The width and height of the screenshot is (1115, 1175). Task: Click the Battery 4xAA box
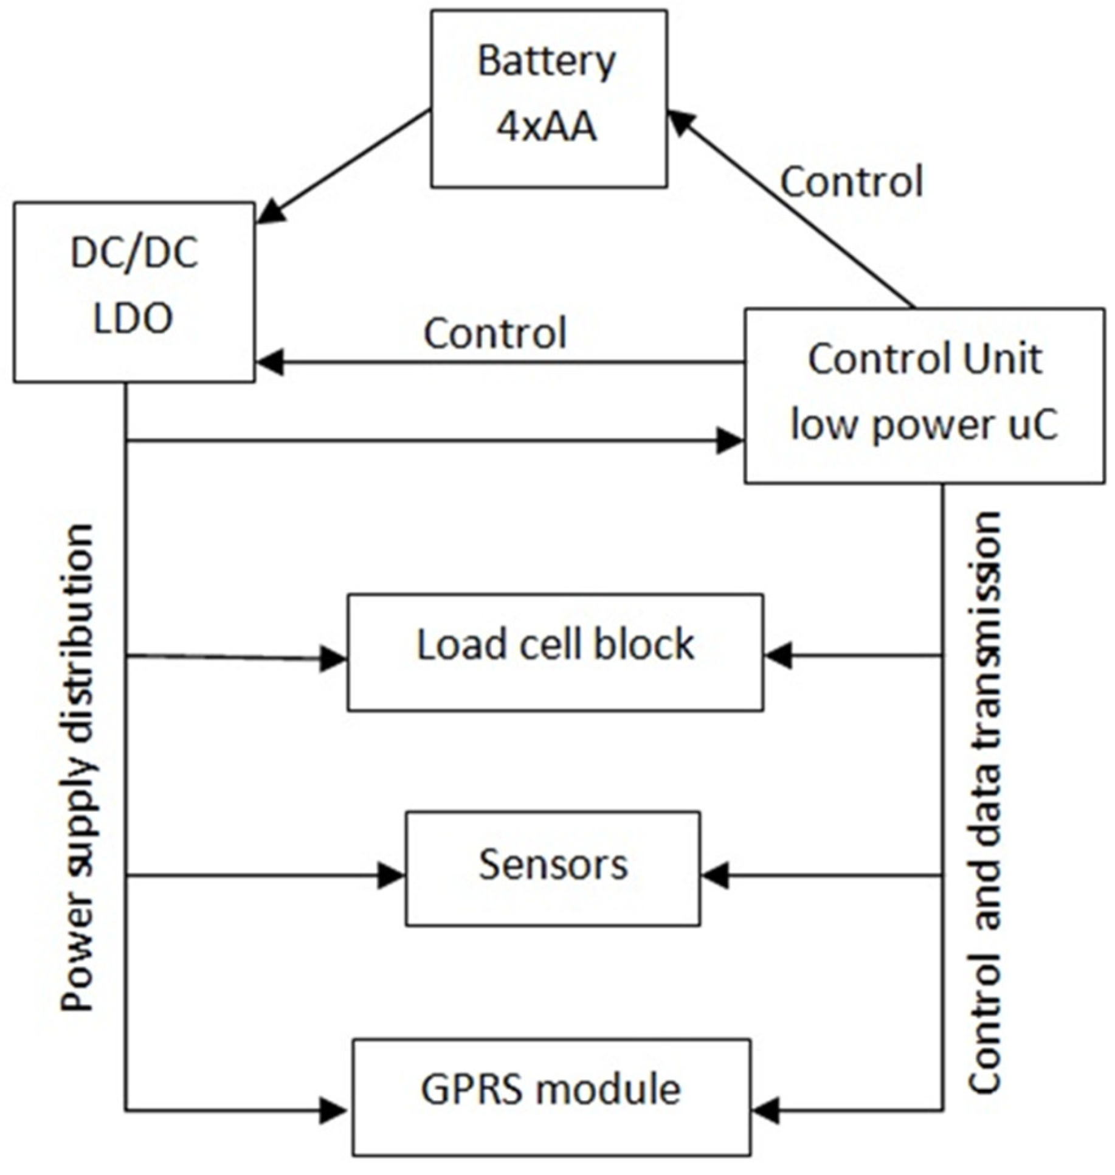[x=548, y=97]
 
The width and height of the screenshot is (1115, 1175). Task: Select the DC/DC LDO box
[x=134, y=292]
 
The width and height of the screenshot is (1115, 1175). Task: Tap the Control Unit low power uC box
[x=924, y=395]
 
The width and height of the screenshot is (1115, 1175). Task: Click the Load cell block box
[x=555, y=652]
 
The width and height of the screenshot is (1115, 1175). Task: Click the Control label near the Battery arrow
[x=851, y=181]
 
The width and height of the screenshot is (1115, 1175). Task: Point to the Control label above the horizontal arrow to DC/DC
[x=495, y=333]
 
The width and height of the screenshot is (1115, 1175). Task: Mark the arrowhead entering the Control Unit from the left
[x=730, y=440]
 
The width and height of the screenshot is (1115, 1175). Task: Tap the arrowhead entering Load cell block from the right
[x=778, y=656]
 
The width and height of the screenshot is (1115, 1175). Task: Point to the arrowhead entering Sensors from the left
[x=391, y=876]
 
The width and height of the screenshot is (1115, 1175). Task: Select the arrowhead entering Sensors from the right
[x=715, y=876]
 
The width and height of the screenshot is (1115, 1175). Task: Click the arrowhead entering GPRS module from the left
[x=333, y=1111]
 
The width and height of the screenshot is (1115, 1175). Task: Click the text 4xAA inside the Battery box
[x=547, y=128]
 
